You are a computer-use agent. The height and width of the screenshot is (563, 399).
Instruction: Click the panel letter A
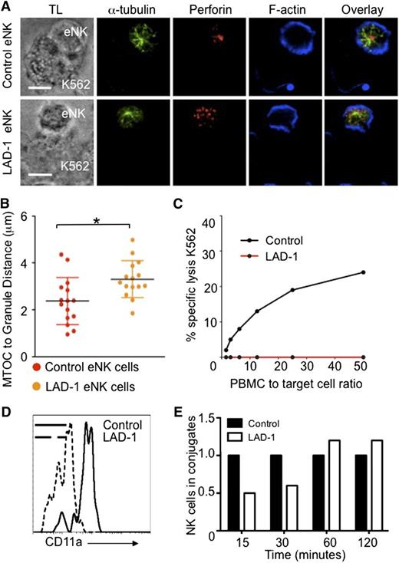click(7, 6)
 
